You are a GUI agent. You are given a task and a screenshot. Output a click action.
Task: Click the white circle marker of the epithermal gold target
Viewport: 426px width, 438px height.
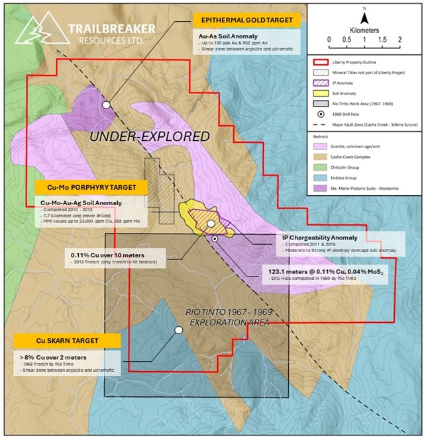point(105,104)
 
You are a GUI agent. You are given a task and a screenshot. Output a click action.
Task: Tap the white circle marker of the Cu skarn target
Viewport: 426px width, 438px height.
point(178,329)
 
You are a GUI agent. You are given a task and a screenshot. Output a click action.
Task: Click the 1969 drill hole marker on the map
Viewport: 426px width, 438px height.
point(215,238)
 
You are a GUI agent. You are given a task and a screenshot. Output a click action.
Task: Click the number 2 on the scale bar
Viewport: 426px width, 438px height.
point(399,40)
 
